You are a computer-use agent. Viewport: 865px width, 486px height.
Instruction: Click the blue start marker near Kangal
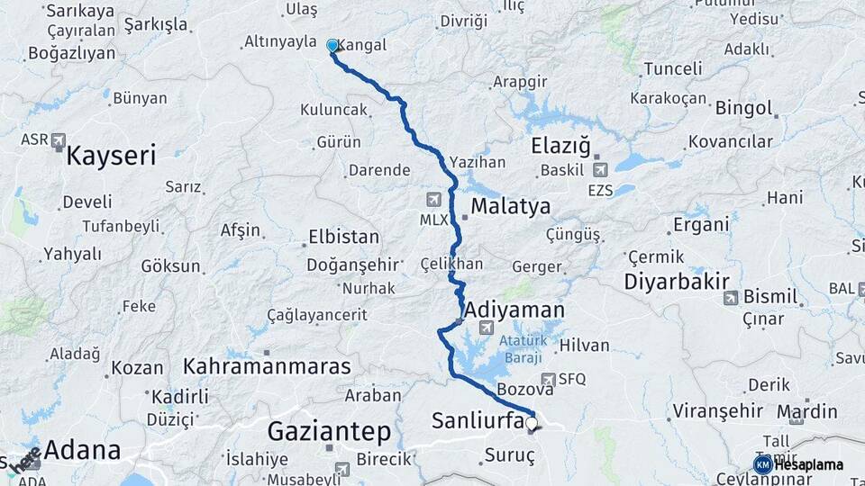click(x=332, y=45)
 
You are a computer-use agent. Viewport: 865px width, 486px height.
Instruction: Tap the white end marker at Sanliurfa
click(x=532, y=422)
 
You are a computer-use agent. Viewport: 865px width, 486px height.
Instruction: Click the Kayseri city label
click(x=111, y=155)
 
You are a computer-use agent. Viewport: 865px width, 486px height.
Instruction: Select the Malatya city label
click(x=510, y=206)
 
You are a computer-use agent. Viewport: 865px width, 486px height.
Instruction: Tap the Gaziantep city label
click(x=329, y=432)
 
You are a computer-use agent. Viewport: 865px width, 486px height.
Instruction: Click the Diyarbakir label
click(x=677, y=281)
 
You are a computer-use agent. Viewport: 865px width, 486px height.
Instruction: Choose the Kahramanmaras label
click(x=267, y=366)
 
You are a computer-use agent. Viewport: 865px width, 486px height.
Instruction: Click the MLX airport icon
click(x=434, y=199)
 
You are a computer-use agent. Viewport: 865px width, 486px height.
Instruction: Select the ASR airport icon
click(x=59, y=140)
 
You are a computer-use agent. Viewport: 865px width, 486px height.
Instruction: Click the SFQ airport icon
click(x=548, y=380)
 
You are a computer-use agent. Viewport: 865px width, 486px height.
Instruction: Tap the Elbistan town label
click(x=343, y=238)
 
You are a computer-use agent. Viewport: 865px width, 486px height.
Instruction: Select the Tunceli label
click(x=673, y=68)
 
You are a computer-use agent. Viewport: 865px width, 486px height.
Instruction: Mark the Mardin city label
click(x=806, y=412)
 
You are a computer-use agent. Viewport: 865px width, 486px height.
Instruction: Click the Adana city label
click(x=82, y=450)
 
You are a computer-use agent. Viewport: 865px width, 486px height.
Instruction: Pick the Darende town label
click(x=379, y=170)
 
